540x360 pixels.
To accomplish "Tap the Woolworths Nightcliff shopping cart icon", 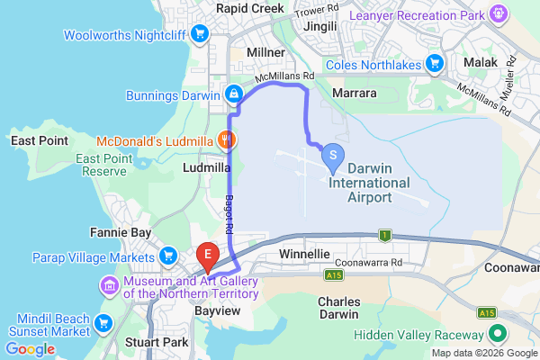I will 201,35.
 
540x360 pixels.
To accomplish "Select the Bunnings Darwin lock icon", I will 233,94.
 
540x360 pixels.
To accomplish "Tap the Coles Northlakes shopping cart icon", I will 435,62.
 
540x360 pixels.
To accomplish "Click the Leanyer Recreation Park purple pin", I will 499,13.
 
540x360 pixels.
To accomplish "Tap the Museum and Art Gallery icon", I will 110,285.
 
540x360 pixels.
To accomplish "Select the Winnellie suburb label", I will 306,255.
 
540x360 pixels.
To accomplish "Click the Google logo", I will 30,349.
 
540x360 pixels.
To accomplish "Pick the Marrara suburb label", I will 354,92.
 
